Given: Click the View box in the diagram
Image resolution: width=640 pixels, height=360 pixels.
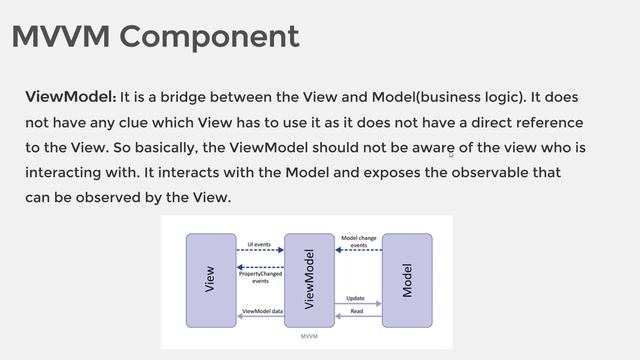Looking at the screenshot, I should [x=210, y=280].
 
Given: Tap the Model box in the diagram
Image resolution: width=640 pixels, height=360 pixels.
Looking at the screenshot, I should [x=407, y=280].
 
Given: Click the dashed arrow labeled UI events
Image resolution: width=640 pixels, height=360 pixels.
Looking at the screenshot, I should [x=260, y=251].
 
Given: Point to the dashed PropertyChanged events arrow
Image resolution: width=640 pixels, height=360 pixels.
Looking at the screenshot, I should [x=260, y=268].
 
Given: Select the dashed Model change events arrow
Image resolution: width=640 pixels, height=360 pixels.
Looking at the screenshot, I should [x=357, y=251].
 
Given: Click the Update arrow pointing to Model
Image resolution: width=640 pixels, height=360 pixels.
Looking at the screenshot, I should [x=357, y=304].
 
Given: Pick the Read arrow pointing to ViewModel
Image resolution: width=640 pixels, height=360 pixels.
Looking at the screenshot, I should [x=357, y=316].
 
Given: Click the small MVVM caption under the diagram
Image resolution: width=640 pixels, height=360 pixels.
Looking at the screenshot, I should [x=309, y=338].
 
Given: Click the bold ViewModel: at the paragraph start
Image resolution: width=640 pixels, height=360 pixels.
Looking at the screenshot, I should [x=70, y=97].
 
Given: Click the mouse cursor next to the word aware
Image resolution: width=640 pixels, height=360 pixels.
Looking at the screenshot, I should [x=451, y=154].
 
